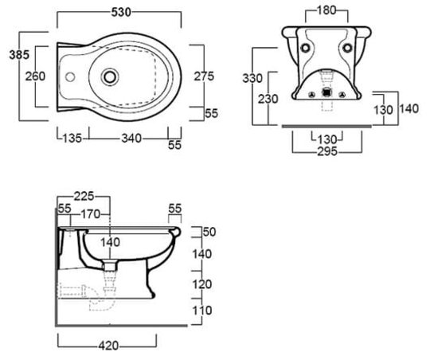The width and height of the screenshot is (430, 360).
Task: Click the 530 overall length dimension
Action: pyautogui.click(x=121, y=13)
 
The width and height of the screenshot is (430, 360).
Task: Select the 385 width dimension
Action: pyautogui.click(x=19, y=55)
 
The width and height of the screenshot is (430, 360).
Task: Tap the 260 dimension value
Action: pyautogui.click(x=35, y=76)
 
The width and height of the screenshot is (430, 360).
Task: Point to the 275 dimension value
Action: pyautogui.click(x=204, y=76)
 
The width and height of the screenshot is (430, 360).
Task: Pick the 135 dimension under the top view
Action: pyautogui.click(x=72, y=138)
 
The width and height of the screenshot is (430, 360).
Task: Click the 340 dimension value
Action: pyautogui.click(x=131, y=138)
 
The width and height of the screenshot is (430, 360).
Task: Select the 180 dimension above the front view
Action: pyautogui.click(x=326, y=10)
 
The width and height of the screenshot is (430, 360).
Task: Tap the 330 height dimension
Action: pyautogui.click(x=252, y=78)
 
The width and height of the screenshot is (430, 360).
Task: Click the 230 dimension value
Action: pyautogui.click(x=268, y=99)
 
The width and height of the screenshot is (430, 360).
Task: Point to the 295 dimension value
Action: pyautogui.click(x=327, y=151)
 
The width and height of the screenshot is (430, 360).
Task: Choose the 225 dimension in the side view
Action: pyautogui.click(x=84, y=196)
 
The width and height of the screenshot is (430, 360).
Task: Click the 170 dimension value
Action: pyautogui.click(x=91, y=214)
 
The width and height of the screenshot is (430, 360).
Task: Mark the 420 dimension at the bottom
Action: pyautogui.click(x=108, y=346)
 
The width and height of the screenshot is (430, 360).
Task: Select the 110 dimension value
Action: pyautogui.click(x=202, y=311)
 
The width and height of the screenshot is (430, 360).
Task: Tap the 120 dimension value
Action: pyautogui.click(x=202, y=284)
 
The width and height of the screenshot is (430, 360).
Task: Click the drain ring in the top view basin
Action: pyautogui.click(x=110, y=77)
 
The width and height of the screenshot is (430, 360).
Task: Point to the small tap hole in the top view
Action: pyautogui.click(x=70, y=77)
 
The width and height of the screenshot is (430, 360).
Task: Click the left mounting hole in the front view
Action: pyautogui.click(x=305, y=48)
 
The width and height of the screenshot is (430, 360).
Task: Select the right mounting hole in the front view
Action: pyautogui.click(x=347, y=48)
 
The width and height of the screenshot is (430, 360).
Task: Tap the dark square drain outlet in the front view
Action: pyautogui.click(x=326, y=92)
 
